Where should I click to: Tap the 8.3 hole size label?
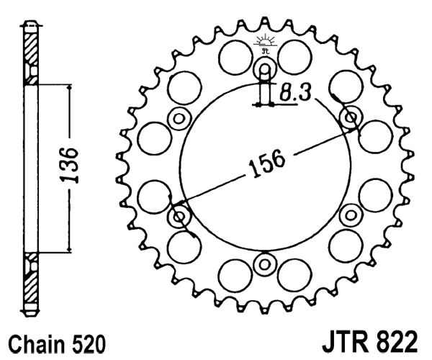click(296, 92)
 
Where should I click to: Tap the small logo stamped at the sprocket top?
click(264, 42)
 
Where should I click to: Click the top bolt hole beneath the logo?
click(264, 70)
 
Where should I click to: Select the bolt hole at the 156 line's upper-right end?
click(352, 117)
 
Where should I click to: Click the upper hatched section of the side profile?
click(30, 50)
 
